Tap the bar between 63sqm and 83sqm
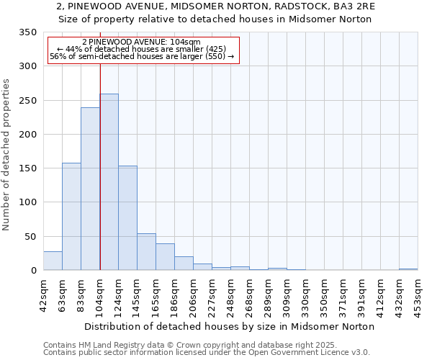tap(71, 217)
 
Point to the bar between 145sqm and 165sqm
tap(146, 252)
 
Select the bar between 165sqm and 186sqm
tap(165, 257)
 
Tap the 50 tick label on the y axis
tap(30, 237)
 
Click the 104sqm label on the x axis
tap(100, 294)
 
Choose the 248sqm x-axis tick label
tap(231, 294)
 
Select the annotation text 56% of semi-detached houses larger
tap(142, 56)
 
